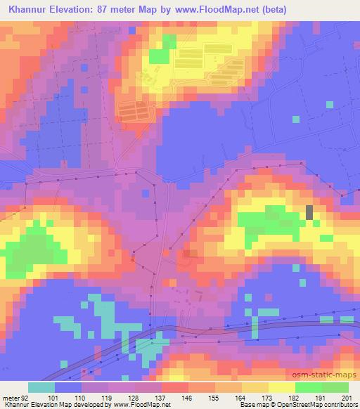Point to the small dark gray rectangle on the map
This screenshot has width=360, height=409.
(309, 212)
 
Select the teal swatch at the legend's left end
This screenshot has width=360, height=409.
(41, 387)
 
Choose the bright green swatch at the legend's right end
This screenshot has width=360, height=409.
(335, 387)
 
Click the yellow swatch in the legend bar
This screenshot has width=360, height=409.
(281, 387)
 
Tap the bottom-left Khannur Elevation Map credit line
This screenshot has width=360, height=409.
(84, 405)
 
